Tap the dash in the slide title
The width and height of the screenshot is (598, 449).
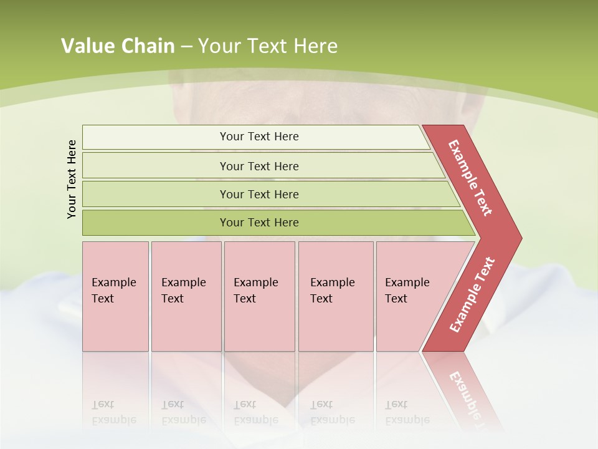[x=186, y=47]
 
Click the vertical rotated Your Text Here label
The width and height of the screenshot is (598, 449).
[x=72, y=179]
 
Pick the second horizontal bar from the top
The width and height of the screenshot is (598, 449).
[x=259, y=166]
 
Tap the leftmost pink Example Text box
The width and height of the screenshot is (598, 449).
[x=115, y=296]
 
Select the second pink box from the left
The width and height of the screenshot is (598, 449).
[x=186, y=296]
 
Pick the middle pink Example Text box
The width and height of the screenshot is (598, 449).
[x=259, y=296]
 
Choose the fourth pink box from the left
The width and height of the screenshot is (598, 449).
[x=336, y=296]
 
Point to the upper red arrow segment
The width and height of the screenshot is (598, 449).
[x=471, y=178]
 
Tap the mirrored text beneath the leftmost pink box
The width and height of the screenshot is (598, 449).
[x=113, y=412]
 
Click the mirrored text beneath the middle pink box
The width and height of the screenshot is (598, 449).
[x=255, y=412]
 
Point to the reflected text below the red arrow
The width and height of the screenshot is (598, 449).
[x=464, y=390]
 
